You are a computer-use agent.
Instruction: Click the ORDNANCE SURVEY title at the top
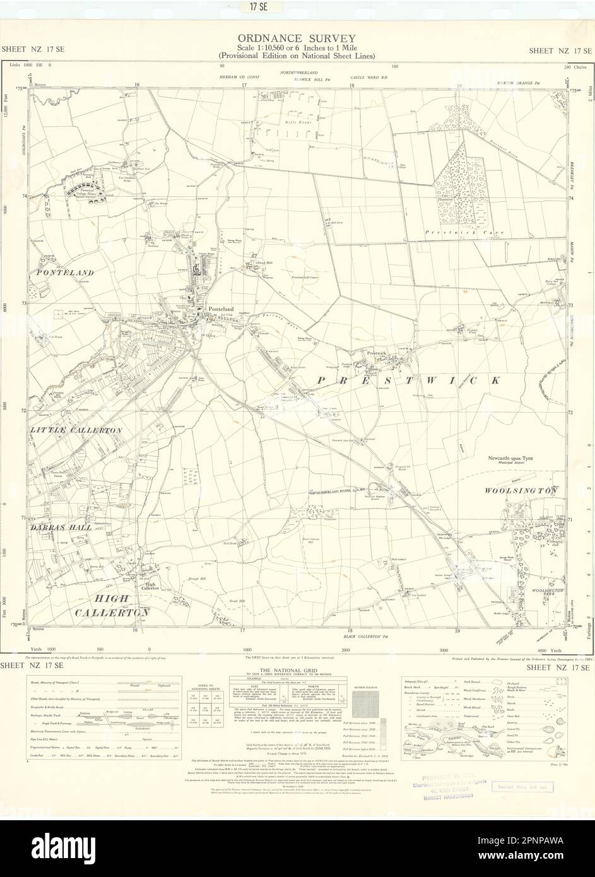pos(297,38)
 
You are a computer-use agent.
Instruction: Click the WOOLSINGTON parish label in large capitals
pos(521,490)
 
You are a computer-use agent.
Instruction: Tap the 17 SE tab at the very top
pos(297,8)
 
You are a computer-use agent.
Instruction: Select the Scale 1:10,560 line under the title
pos(297,49)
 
